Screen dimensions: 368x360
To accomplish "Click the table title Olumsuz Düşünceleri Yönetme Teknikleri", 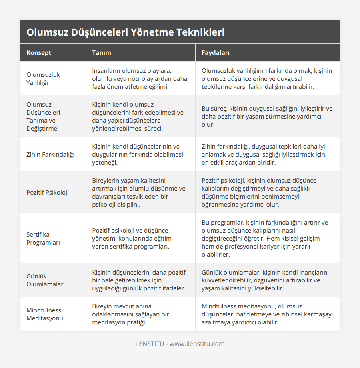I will [125, 32].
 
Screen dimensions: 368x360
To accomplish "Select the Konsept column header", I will [39, 52].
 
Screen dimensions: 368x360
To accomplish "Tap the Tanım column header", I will [102, 52].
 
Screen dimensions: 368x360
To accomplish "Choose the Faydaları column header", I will [215, 52].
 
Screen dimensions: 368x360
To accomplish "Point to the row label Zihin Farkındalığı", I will [50, 154].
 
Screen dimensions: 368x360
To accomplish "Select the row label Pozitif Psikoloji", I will [48, 192].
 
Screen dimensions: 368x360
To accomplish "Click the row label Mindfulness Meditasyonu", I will [45, 314].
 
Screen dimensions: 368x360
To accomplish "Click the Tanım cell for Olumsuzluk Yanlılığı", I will [140, 78].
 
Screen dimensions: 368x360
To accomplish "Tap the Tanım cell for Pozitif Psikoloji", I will [139, 192].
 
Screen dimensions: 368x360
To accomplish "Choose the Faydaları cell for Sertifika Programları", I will [265, 238].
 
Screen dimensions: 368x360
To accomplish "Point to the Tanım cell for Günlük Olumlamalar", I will [139, 280].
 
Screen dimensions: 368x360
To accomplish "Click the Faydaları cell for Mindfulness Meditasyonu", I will [267, 314].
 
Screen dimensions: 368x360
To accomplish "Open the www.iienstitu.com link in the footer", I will [197, 344].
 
